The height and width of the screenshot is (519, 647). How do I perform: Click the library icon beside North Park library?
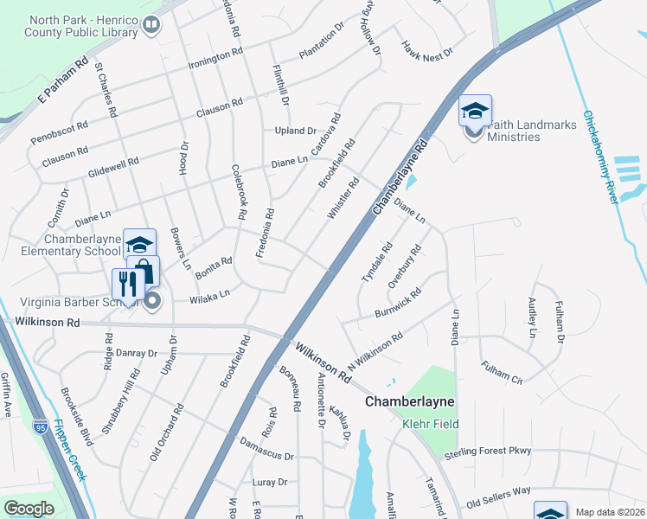(151, 26)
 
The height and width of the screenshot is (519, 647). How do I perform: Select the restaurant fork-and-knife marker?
(128, 284)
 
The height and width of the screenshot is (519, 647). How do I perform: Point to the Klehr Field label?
(430, 424)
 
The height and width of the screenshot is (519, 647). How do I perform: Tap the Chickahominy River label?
(602, 156)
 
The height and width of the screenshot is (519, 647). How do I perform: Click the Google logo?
(29, 509)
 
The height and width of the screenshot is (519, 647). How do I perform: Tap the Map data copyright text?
(610, 512)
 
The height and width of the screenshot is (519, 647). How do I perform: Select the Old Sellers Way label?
(498, 497)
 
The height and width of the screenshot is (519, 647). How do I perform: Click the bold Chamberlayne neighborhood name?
(409, 402)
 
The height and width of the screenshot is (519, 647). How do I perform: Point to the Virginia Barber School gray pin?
(152, 302)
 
